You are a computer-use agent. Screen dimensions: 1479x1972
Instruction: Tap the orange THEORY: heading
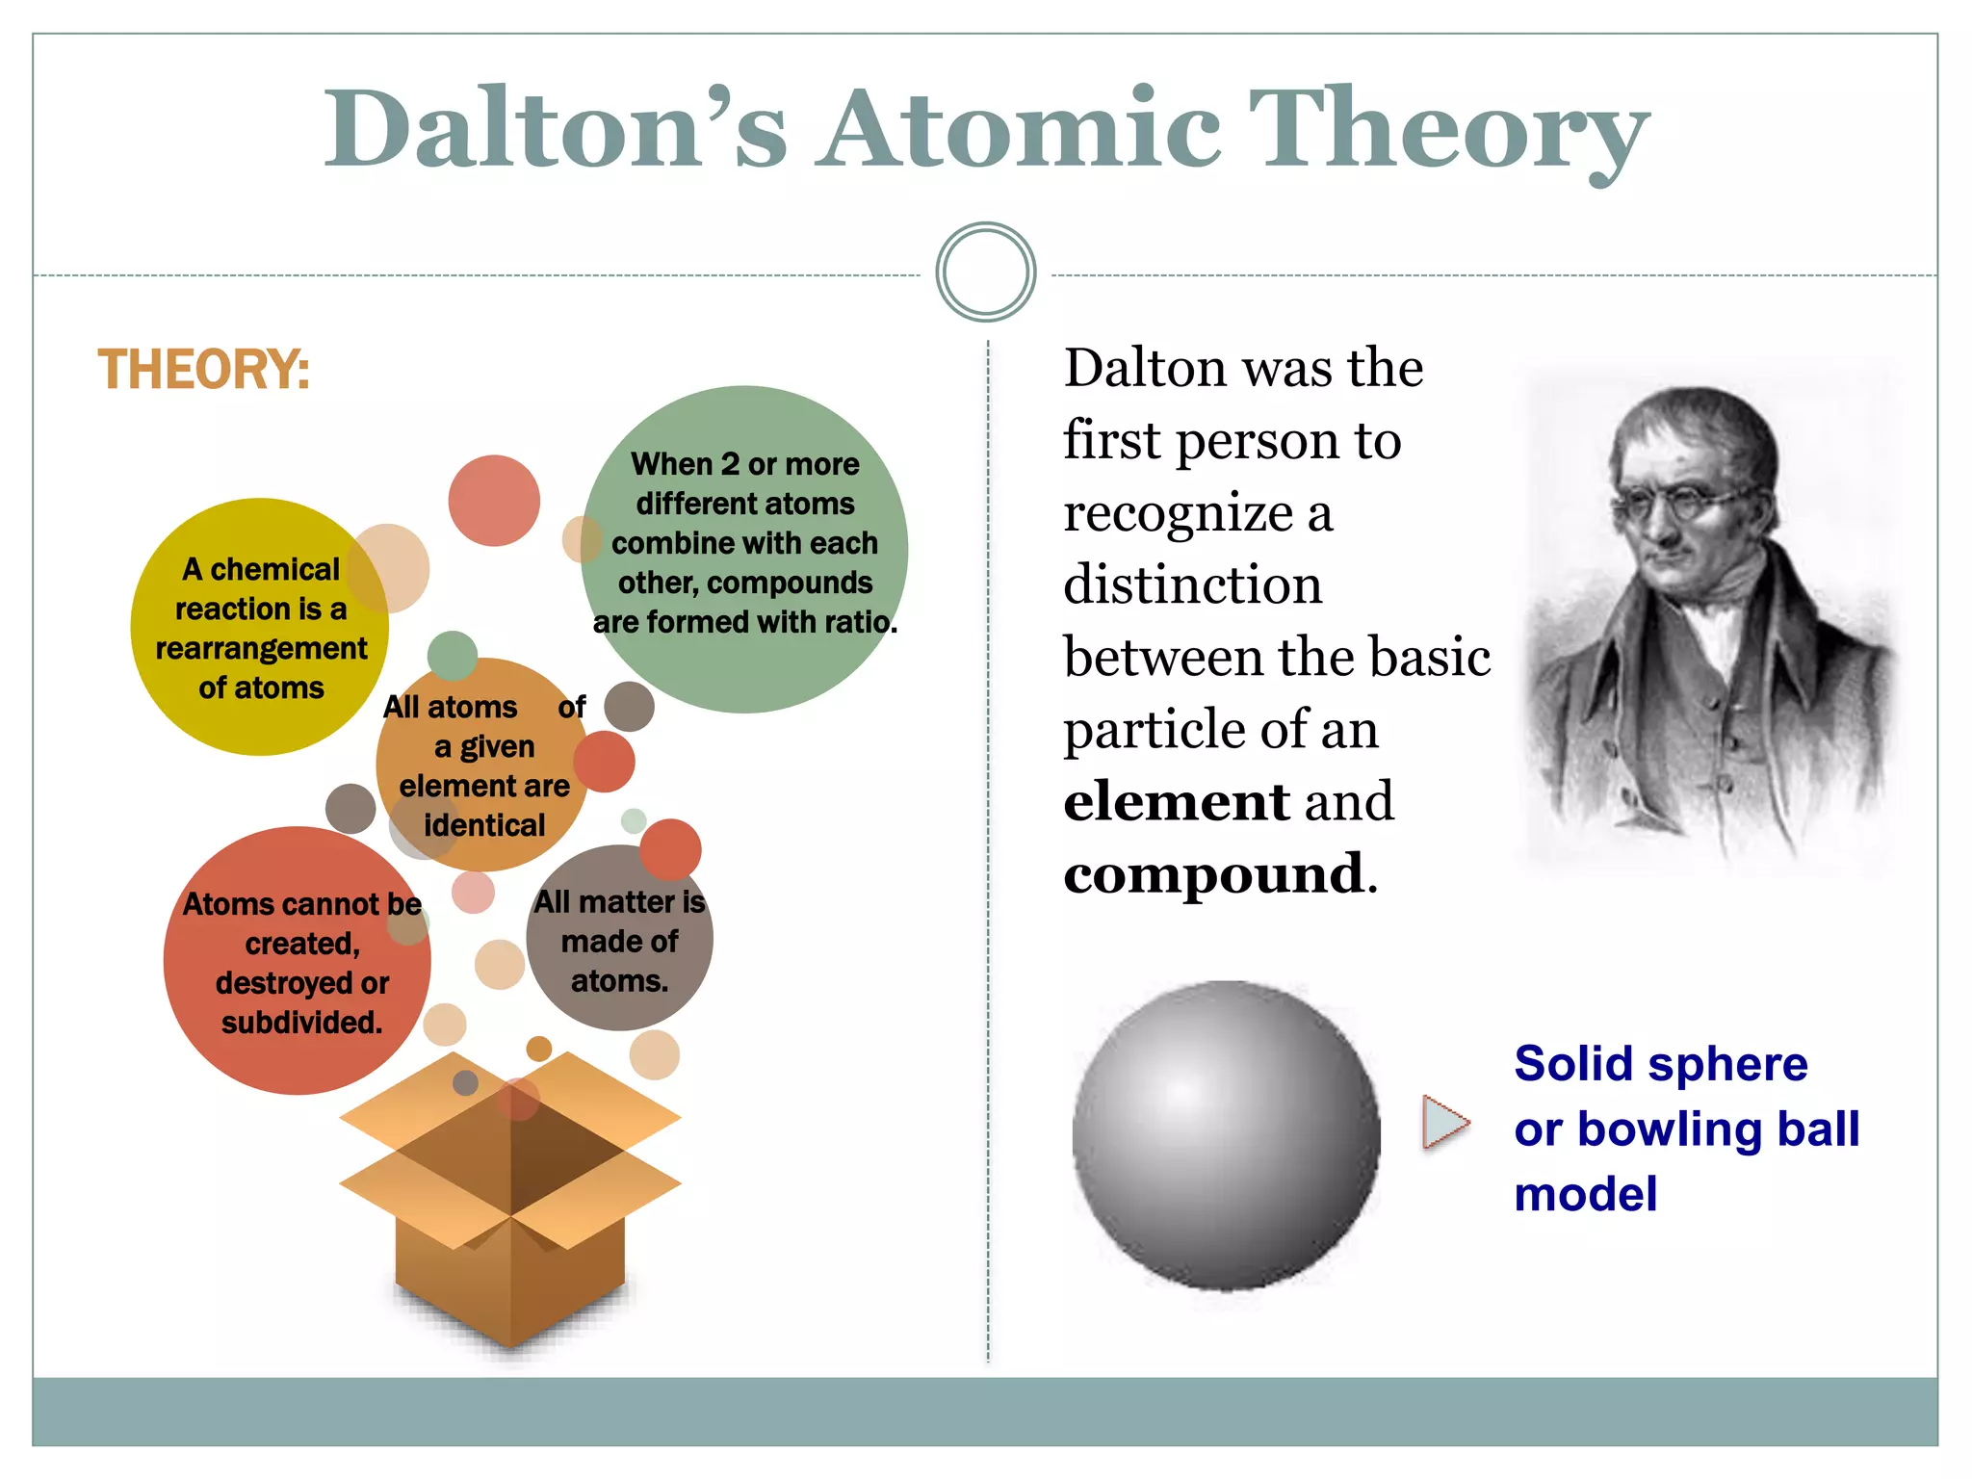point(204,371)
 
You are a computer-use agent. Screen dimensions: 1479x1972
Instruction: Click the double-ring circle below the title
point(985,272)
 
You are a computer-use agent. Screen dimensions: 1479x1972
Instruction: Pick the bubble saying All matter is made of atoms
point(619,941)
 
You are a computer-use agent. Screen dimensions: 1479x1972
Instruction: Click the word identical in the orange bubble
point(484,826)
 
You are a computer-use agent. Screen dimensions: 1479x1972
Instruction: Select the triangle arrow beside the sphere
point(1444,1123)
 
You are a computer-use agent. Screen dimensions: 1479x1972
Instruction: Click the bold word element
point(1175,802)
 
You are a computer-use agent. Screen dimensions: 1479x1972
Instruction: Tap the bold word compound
point(1213,874)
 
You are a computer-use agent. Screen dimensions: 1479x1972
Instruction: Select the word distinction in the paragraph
point(1192,585)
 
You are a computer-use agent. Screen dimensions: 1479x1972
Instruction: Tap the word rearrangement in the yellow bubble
point(261,649)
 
